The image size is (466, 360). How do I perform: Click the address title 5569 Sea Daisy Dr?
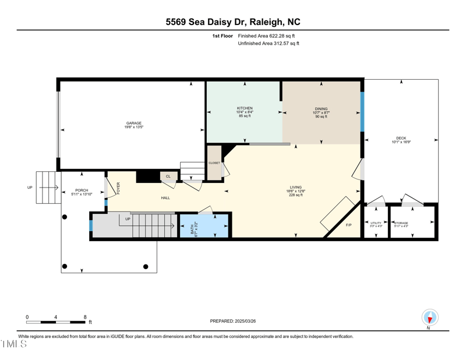(x=233, y=22)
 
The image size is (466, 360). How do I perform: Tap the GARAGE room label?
(x=134, y=123)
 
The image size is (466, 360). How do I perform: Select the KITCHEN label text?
(x=245, y=108)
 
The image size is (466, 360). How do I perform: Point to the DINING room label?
(x=321, y=109)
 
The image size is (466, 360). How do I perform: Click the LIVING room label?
(x=296, y=188)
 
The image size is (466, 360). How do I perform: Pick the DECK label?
(x=401, y=139)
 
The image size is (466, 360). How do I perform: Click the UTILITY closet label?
(x=376, y=223)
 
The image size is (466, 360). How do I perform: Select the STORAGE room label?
(x=401, y=223)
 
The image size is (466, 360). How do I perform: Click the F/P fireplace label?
(x=348, y=225)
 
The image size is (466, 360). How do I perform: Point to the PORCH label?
(x=82, y=190)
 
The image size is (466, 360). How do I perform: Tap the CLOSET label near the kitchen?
(x=214, y=163)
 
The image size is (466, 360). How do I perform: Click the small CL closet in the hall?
(x=168, y=176)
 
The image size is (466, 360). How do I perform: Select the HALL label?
(x=165, y=198)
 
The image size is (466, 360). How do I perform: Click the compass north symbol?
(x=430, y=318)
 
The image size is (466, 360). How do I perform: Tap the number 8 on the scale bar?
(x=85, y=317)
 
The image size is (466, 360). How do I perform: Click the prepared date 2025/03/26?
(x=233, y=321)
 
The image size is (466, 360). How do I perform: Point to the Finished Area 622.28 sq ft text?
(x=268, y=36)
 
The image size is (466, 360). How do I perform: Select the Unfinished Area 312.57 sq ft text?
(x=269, y=44)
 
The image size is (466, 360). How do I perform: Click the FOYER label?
(x=118, y=188)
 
